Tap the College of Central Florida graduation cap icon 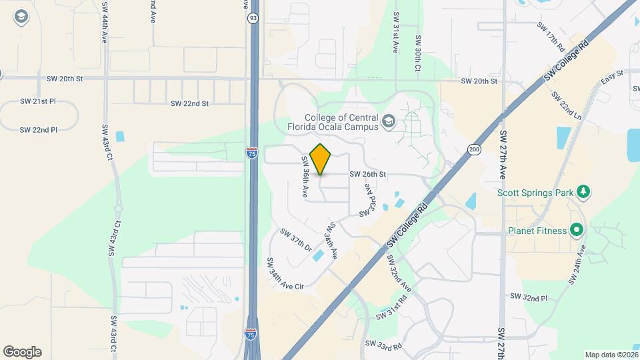[389, 122]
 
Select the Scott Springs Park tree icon [584, 193]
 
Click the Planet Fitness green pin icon [577, 231]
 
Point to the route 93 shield [253, 18]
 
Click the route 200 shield [474, 149]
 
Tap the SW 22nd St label [189, 103]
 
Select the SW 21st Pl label [38, 101]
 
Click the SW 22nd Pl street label [38, 129]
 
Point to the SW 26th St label [368, 175]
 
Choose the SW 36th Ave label [305, 176]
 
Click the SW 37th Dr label [296, 239]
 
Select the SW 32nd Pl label [528, 297]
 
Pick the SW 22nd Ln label [567, 105]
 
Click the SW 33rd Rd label [384, 345]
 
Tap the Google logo [22, 352]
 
